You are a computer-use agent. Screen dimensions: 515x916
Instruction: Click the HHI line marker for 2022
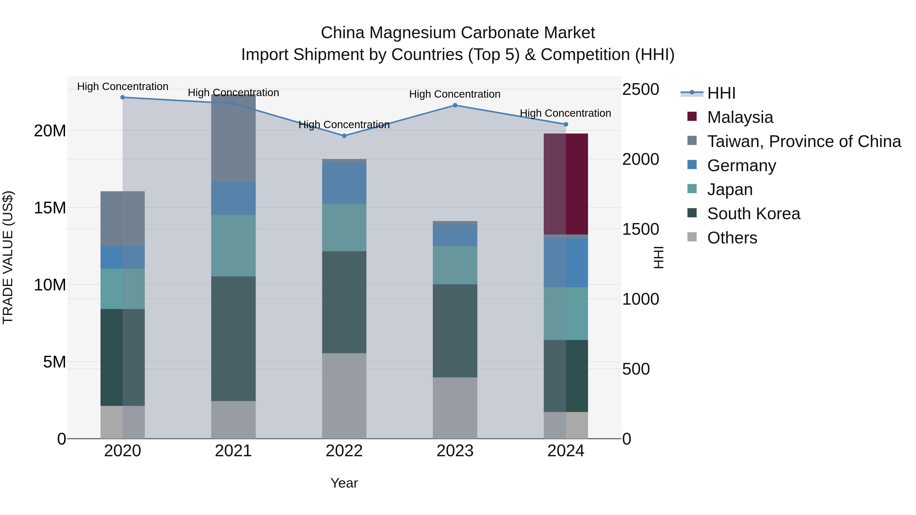coord(344,136)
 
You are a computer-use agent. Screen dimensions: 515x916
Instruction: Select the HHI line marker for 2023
coord(455,105)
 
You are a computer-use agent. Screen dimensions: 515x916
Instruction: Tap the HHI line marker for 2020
coord(123,97)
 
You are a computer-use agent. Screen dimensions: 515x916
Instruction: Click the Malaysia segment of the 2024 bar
coord(566,184)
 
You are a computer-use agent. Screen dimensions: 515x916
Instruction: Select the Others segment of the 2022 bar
coord(344,395)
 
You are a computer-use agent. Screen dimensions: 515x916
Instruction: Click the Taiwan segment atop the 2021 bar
coord(233,139)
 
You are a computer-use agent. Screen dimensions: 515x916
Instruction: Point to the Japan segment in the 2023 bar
coord(455,265)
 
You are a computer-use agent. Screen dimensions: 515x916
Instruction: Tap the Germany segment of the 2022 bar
coord(344,183)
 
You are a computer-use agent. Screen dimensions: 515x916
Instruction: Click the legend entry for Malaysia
coord(740,117)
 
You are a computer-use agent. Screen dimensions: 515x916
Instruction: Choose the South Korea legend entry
coord(753,214)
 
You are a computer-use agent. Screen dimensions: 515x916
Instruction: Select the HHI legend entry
coord(721,93)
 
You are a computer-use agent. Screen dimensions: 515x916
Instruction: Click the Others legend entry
coord(732,238)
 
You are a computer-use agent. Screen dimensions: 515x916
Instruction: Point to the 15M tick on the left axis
coord(50,208)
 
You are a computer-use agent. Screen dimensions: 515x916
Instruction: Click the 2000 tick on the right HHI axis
coord(640,159)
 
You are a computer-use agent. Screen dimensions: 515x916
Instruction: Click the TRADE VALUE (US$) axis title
coord(8,257)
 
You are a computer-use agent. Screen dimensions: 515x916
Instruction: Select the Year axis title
coord(344,483)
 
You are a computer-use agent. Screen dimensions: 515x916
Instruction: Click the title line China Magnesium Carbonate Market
coord(458,33)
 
